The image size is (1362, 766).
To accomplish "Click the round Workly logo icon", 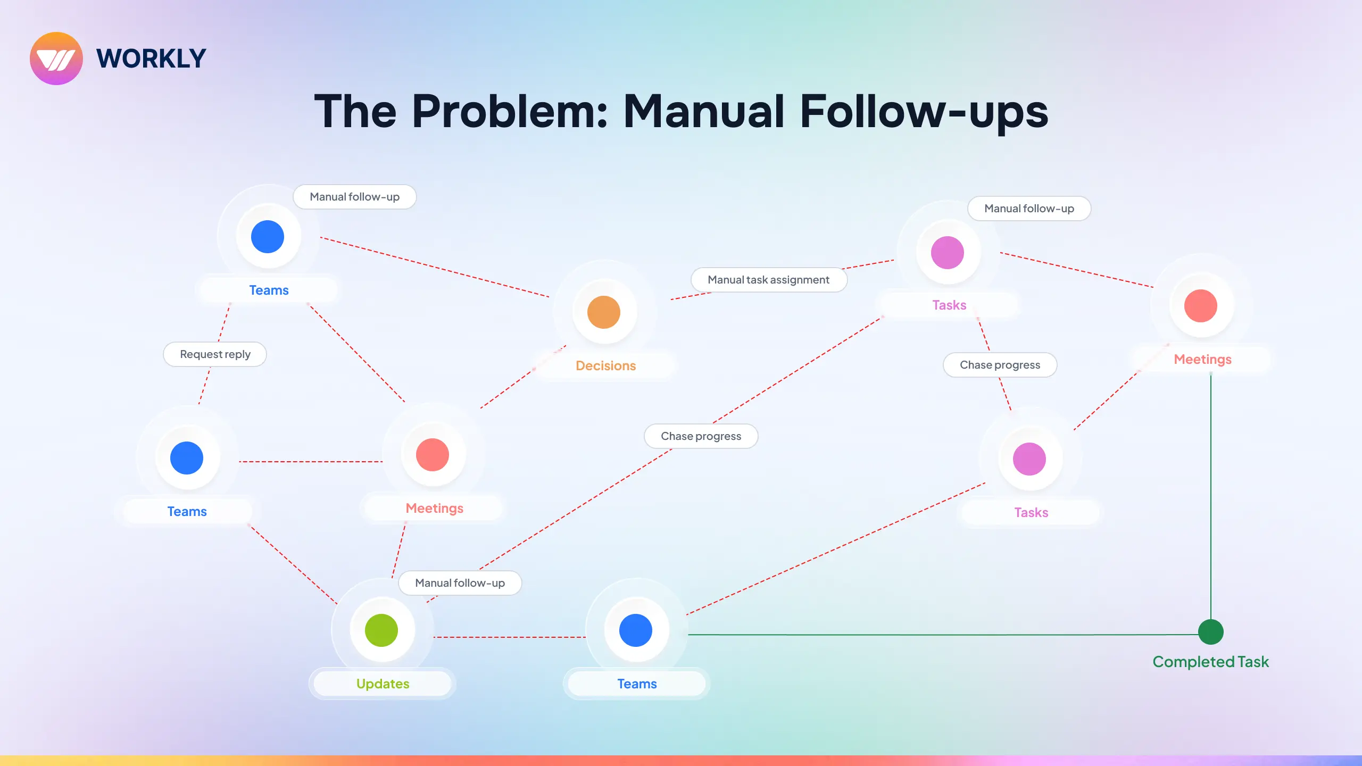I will pyautogui.click(x=56, y=59).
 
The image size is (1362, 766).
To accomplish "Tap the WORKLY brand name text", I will pyautogui.click(x=151, y=59).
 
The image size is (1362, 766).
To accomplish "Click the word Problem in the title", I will pyautogui.click(x=510, y=112).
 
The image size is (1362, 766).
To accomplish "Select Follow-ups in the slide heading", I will pyautogui.click(x=924, y=112).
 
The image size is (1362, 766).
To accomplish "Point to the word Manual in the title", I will pyautogui.click(x=703, y=112).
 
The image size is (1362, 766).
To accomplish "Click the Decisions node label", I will pyautogui.click(x=605, y=365).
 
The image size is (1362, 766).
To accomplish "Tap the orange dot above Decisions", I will pyautogui.click(x=604, y=312).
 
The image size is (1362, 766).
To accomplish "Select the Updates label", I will pyautogui.click(x=383, y=684).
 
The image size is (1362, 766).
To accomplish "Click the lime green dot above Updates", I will pyautogui.click(x=381, y=630).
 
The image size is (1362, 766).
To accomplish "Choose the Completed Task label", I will pyautogui.click(x=1210, y=662).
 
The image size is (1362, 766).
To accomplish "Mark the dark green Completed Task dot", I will pyautogui.click(x=1211, y=632).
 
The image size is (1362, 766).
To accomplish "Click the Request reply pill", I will pyautogui.click(x=215, y=354).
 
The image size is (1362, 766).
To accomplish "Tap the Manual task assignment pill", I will pyautogui.click(x=768, y=280).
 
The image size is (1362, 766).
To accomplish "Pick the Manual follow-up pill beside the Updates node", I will pyautogui.click(x=460, y=583).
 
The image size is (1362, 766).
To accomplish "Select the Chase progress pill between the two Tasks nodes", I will pyautogui.click(x=1000, y=365).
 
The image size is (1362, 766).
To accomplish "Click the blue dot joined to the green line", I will pyautogui.click(x=636, y=630).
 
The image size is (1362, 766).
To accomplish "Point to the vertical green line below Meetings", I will pyautogui.click(x=1211, y=495).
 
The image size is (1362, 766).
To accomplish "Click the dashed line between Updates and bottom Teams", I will pyautogui.click(x=510, y=637).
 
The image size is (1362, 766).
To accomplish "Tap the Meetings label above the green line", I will pyautogui.click(x=1202, y=360).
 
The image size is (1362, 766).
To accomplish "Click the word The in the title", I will pyautogui.click(x=355, y=112).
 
